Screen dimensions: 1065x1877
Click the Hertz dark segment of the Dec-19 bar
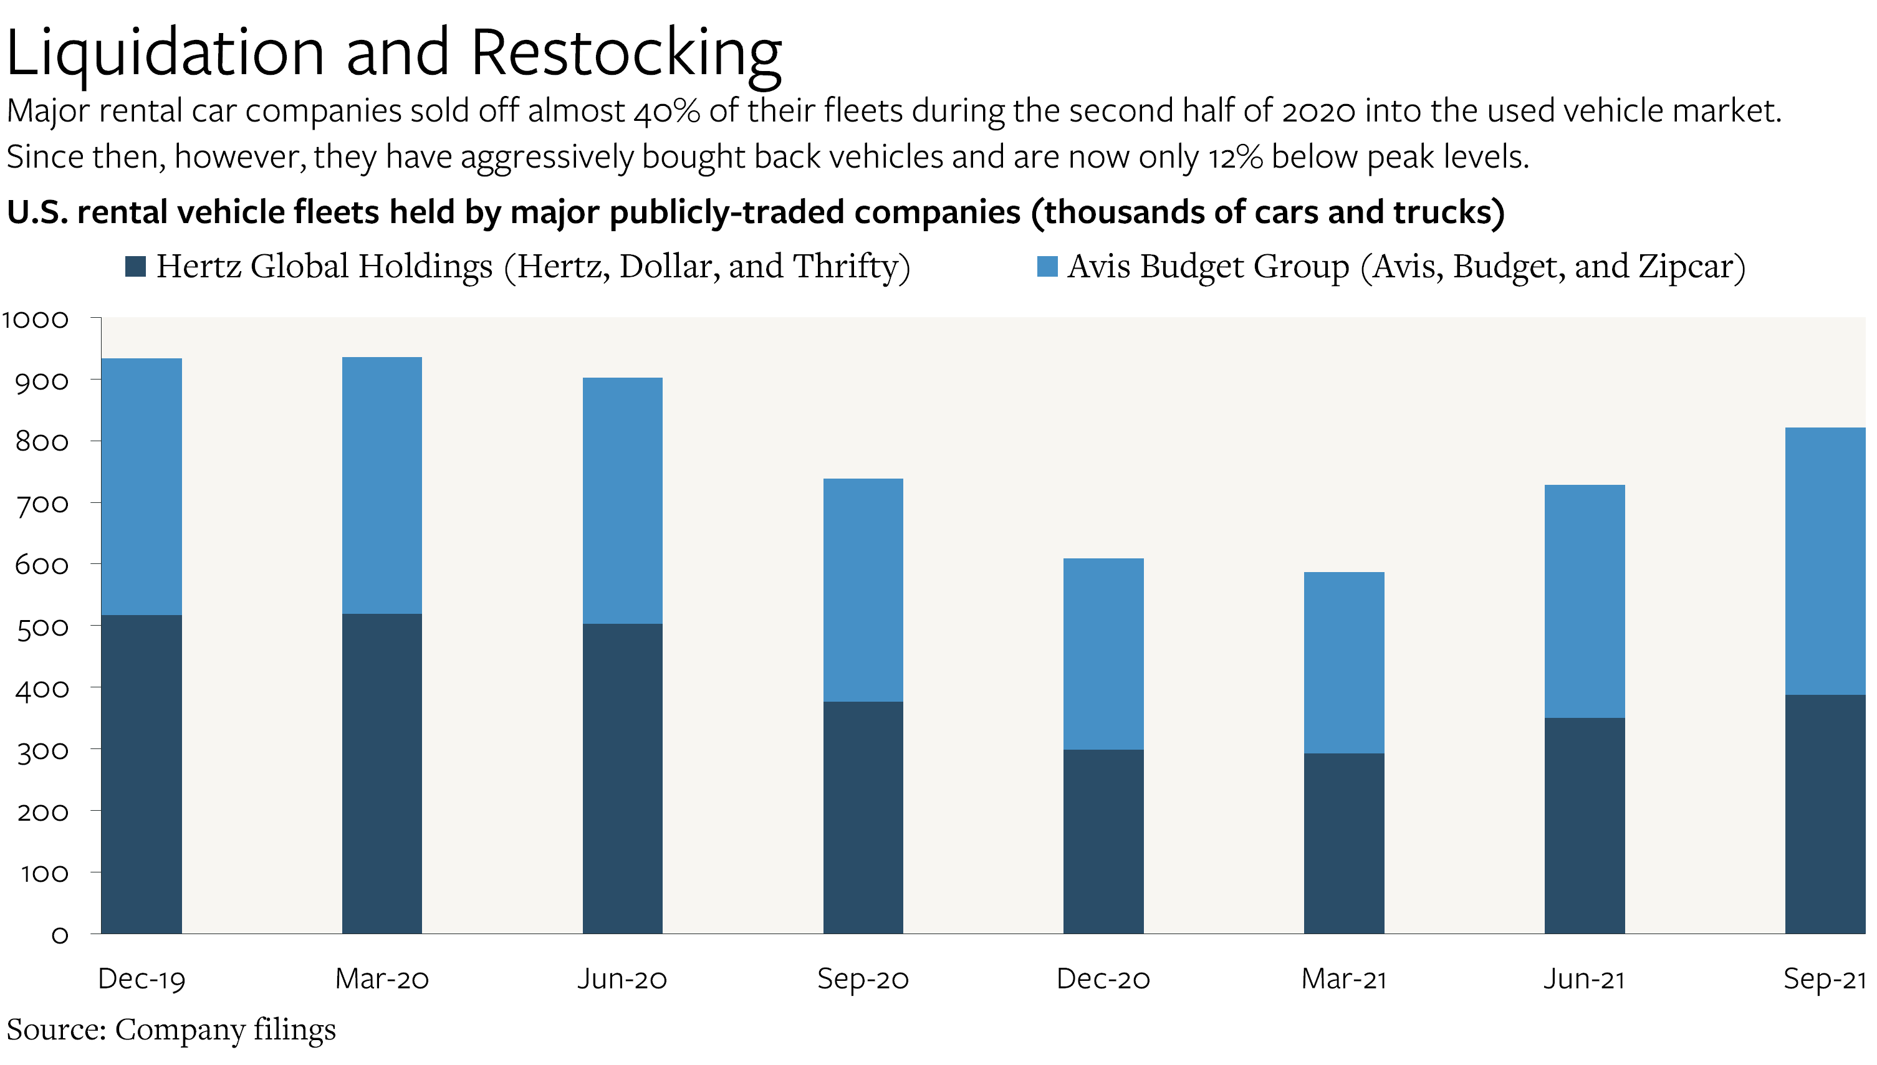141,774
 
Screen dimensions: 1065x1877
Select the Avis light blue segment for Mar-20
382,485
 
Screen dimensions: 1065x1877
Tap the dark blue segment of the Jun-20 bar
623,778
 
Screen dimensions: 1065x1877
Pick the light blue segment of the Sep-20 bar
863,590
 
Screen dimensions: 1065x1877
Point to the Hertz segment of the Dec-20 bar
1103,841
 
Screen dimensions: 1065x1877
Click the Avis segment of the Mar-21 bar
1344,662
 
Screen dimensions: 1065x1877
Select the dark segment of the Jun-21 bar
1585,825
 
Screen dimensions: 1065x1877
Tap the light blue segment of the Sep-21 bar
1825,560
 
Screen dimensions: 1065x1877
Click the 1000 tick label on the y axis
35,320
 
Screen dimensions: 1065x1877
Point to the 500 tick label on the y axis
42,628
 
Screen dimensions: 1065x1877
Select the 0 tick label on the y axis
60,935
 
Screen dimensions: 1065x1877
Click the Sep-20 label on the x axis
863,978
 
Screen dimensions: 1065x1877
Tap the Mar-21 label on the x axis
1344,978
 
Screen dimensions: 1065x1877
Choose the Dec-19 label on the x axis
141,978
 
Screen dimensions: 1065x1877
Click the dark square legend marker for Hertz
135,266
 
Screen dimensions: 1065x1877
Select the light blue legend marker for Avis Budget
1047,266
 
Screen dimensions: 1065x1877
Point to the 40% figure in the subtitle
666,111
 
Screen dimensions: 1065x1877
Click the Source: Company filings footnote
171,1029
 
